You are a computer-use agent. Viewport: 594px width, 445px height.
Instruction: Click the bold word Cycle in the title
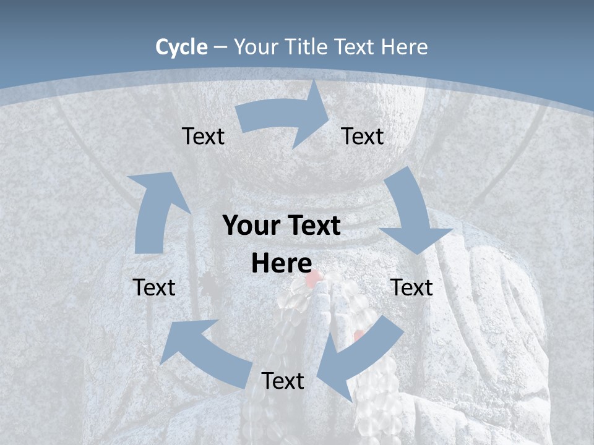pos(181,46)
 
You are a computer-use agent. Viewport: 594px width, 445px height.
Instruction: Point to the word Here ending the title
pos(405,46)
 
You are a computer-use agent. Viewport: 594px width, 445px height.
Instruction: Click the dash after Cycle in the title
pos(220,47)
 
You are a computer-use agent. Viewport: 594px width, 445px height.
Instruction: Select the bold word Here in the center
pos(281,263)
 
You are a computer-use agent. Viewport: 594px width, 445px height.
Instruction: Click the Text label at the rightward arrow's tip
pos(363,136)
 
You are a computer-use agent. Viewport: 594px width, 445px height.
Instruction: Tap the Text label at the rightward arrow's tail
pos(203,136)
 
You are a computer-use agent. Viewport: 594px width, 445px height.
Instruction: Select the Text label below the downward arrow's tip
pos(412,287)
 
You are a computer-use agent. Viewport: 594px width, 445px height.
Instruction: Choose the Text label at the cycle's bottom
pos(283,381)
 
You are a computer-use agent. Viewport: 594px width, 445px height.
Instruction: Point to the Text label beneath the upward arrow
pos(154,287)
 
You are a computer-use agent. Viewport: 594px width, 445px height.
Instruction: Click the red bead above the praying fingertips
pos(313,278)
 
